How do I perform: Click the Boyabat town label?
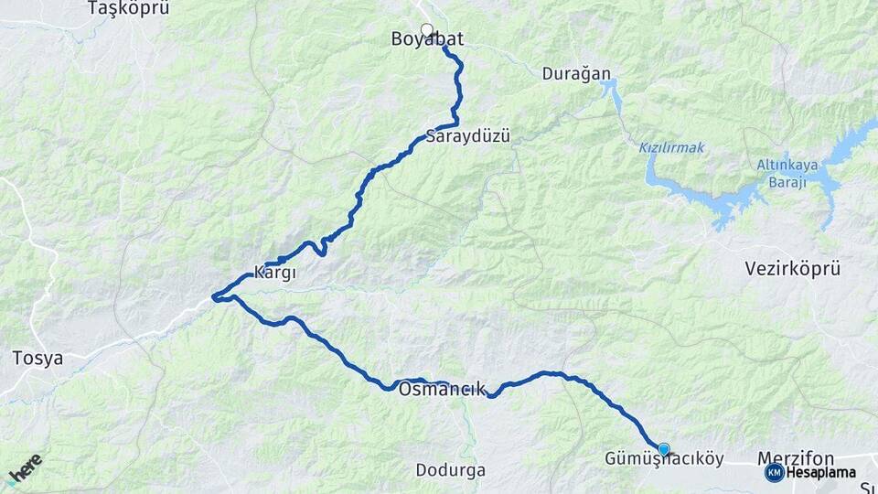[427, 39]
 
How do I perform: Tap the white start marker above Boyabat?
[426, 29]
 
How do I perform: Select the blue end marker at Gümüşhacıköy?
[664, 449]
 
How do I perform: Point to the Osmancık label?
[443, 389]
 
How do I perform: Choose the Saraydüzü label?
[466, 137]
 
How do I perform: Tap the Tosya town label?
[38, 358]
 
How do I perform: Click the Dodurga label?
[450, 470]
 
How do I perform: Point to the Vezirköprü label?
[792, 269]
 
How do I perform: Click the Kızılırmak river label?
[671, 147]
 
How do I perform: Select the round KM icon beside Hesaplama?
[774, 472]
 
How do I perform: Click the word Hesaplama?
[820, 472]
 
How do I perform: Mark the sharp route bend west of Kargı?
[214, 296]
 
